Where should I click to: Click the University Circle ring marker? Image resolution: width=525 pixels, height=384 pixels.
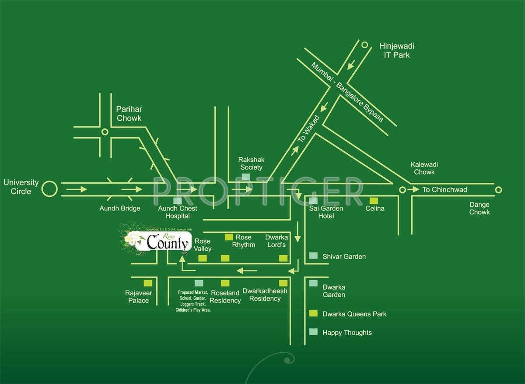click(49, 189)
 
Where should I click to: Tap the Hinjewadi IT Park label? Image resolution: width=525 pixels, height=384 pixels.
click(397, 50)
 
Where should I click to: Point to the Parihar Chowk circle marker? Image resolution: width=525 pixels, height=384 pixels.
click(105, 132)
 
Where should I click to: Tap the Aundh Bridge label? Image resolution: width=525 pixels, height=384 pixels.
click(120, 208)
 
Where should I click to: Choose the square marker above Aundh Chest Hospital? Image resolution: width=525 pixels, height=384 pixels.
click(178, 200)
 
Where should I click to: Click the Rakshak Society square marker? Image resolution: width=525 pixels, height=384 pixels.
click(246, 177)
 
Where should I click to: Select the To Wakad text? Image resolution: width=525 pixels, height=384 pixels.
click(309, 129)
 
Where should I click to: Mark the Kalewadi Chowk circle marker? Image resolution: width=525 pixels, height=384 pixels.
click(402, 190)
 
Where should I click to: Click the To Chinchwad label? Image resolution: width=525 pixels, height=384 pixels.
click(444, 190)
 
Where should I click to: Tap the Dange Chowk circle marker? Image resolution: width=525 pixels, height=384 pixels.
click(498, 190)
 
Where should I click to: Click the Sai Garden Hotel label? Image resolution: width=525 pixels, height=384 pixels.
click(326, 212)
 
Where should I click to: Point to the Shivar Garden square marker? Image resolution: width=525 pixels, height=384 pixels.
click(313, 256)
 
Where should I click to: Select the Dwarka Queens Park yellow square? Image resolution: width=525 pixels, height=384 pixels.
click(313, 313)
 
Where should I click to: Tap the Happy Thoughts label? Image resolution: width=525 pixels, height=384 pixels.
click(347, 333)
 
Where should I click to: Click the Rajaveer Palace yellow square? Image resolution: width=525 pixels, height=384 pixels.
click(148, 283)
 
